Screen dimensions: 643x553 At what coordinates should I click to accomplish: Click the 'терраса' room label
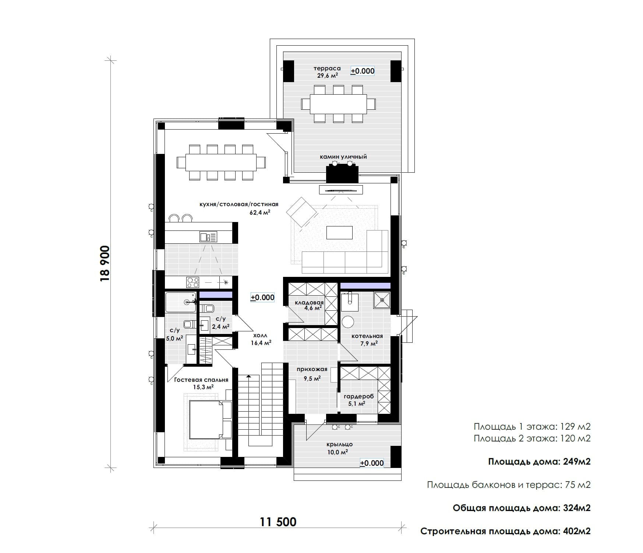(x=327, y=68)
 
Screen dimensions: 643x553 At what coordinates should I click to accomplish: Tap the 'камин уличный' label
(x=343, y=157)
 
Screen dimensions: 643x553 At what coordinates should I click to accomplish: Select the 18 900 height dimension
(x=105, y=264)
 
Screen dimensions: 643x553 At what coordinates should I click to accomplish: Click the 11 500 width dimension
(x=278, y=522)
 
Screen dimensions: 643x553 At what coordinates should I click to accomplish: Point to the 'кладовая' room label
(x=309, y=303)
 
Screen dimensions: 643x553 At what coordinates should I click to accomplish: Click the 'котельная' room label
(x=367, y=336)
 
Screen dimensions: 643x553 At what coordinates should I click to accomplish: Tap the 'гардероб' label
(x=359, y=397)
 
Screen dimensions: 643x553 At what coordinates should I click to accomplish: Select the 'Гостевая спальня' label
(x=201, y=380)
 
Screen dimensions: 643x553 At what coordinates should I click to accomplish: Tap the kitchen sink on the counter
(x=208, y=236)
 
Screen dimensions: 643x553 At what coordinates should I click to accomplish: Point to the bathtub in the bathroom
(x=180, y=302)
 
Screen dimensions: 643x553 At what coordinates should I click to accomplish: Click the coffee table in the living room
(x=339, y=232)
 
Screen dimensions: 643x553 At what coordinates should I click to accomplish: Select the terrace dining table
(x=338, y=104)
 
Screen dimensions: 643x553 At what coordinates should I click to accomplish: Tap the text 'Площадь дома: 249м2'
(x=539, y=462)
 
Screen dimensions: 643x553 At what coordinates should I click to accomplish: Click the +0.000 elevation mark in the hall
(x=262, y=297)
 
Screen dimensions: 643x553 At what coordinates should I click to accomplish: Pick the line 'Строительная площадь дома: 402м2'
(x=505, y=531)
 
